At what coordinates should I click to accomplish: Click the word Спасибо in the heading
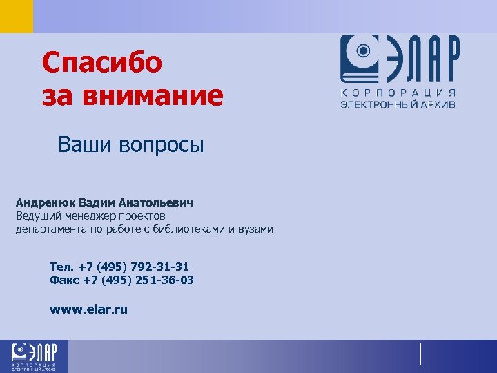click(x=102, y=64)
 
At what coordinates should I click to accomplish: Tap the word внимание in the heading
click(x=153, y=96)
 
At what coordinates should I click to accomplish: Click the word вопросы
click(x=162, y=146)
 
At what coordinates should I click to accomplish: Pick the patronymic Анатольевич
click(x=155, y=203)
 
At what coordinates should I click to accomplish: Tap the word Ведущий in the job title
click(x=39, y=216)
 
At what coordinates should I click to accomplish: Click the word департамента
click(x=49, y=229)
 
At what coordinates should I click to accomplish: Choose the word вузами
click(x=255, y=229)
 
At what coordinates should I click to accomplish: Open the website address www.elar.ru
click(x=88, y=309)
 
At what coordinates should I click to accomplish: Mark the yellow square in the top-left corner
click(x=16, y=16)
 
